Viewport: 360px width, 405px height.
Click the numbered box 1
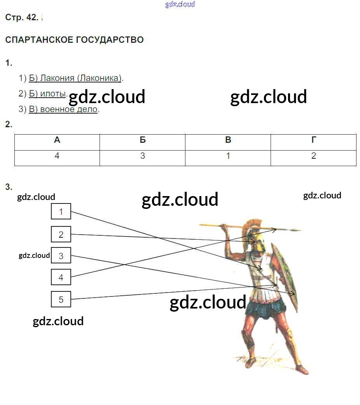(x=61, y=211)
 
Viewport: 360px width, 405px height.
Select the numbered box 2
(x=61, y=234)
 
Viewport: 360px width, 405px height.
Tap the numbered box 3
(x=61, y=256)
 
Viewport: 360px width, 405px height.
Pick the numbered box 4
(x=61, y=277)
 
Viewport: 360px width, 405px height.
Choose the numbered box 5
(x=61, y=299)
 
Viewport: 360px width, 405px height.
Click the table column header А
(x=57, y=140)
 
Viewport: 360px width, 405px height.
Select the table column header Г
(x=313, y=140)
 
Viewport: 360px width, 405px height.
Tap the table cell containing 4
(x=57, y=156)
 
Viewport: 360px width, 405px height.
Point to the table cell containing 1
(x=228, y=156)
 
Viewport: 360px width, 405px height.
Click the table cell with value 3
(x=143, y=156)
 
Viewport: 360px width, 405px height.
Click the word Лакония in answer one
(x=57, y=78)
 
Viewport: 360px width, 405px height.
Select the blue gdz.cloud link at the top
(x=180, y=4)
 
